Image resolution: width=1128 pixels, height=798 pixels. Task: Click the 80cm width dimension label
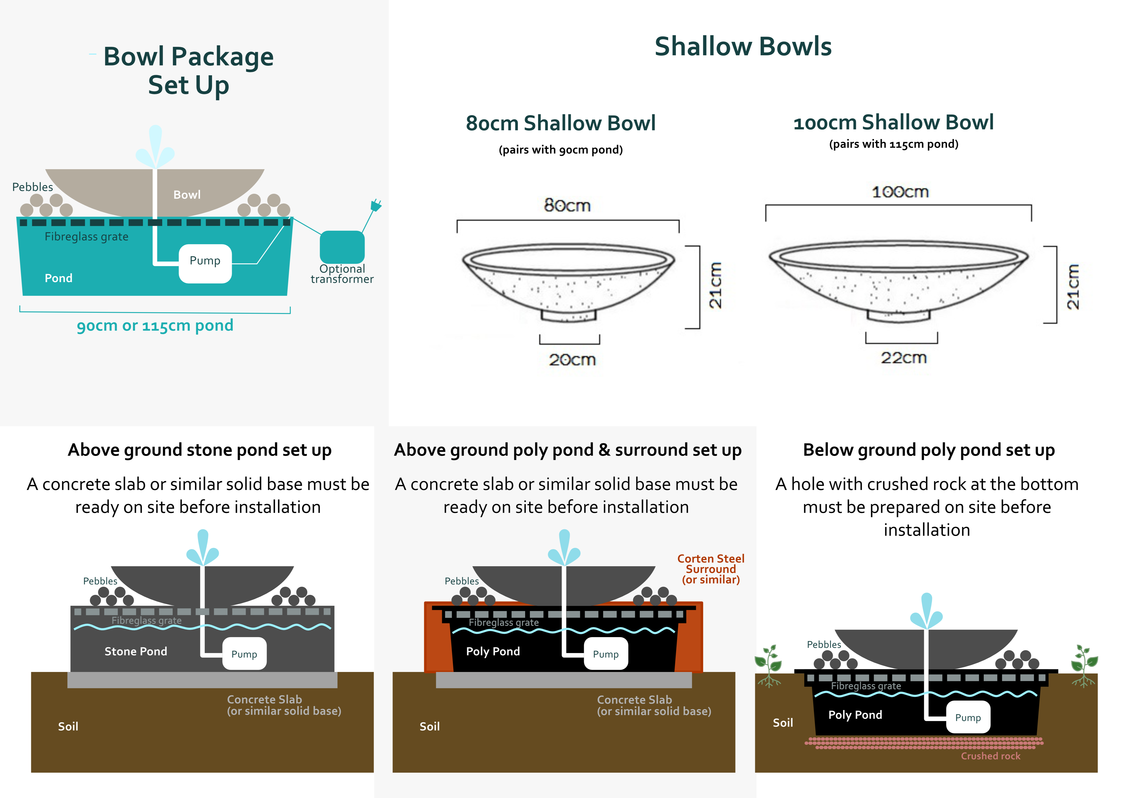click(568, 205)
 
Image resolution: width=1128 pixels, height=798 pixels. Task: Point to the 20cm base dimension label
click(572, 360)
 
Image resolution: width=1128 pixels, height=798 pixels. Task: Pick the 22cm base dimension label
click(904, 358)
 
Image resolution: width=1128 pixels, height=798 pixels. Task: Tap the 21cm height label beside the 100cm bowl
click(1073, 286)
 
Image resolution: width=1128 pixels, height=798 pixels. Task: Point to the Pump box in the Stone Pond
click(244, 654)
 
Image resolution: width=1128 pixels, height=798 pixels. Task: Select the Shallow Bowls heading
click(743, 47)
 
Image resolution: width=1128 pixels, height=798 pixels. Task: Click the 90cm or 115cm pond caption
click(155, 325)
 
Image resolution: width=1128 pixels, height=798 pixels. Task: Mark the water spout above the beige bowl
click(155, 146)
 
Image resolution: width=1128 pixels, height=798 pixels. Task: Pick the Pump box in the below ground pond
click(968, 717)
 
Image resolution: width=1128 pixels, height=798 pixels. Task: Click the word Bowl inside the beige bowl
click(187, 194)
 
